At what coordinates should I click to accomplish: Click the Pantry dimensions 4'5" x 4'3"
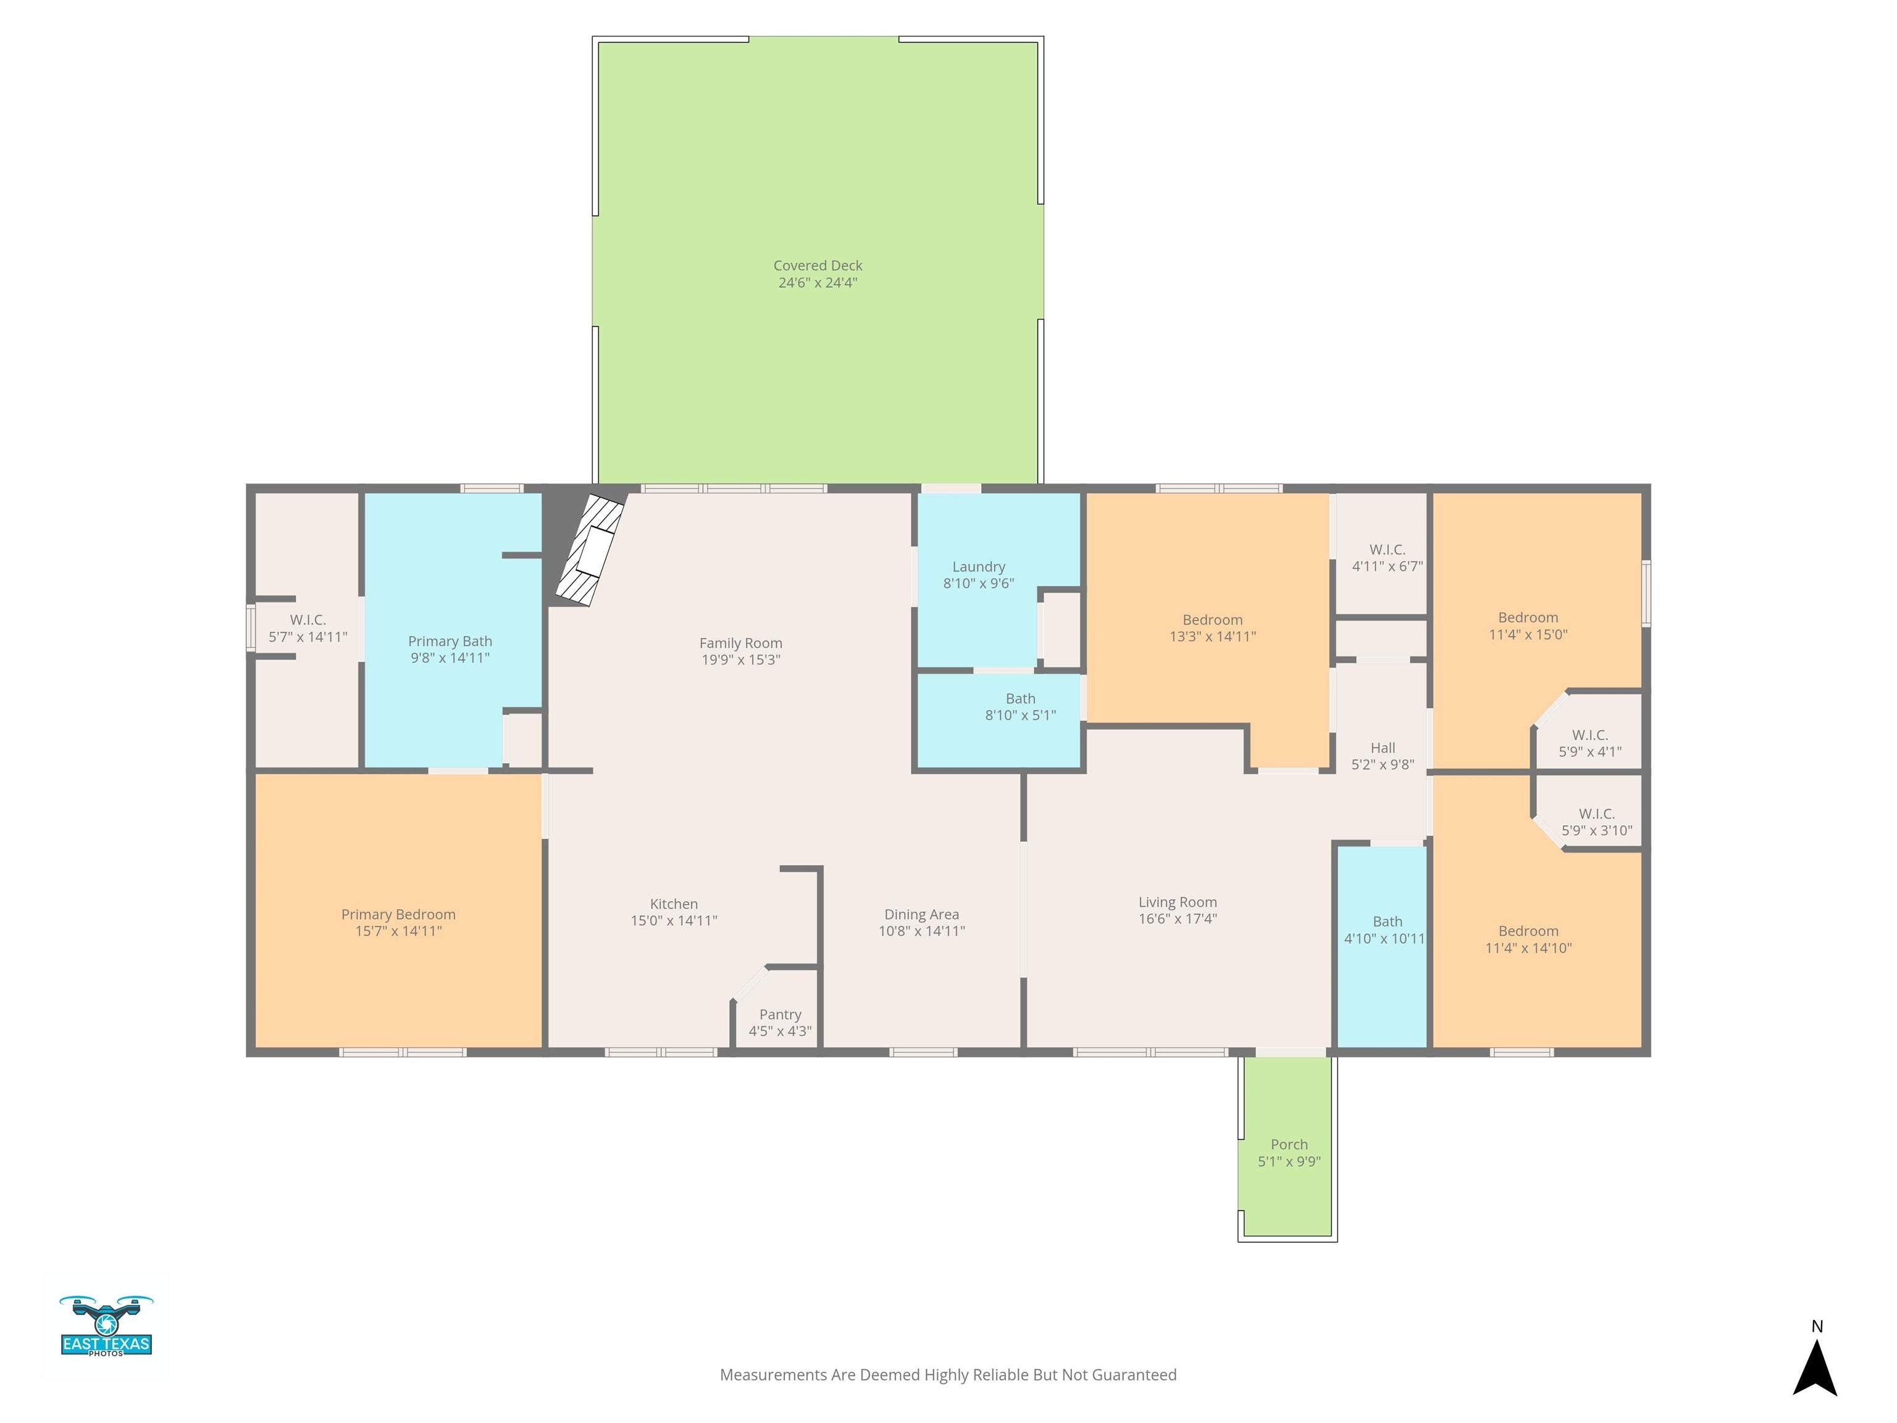coord(779,1031)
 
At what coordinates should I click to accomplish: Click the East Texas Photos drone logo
coord(106,1326)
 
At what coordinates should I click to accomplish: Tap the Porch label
coord(1288,1144)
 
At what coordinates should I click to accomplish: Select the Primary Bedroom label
coord(398,914)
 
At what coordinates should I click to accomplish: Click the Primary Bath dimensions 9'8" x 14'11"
coord(450,658)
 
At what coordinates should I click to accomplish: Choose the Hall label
coord(1383,748)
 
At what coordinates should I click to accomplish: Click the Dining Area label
coord(921,914)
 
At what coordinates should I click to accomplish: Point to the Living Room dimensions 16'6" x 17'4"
coord(1178,918)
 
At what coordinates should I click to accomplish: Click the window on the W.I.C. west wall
coord(251,628)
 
